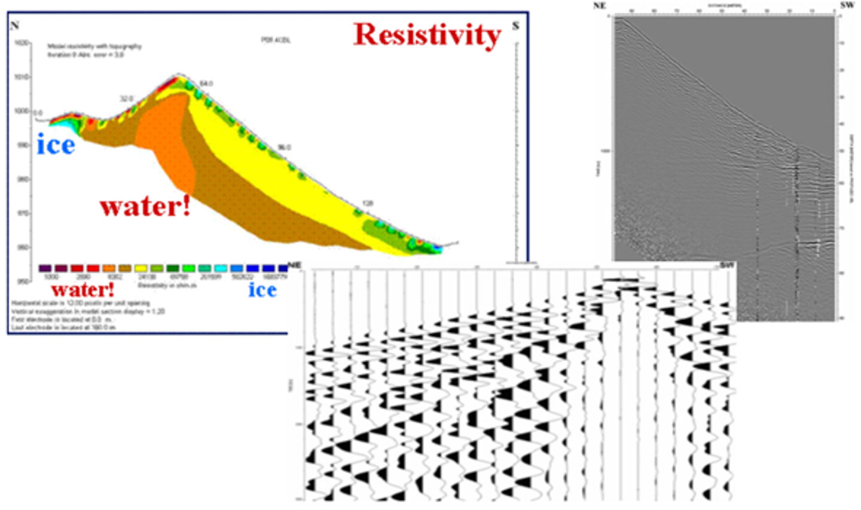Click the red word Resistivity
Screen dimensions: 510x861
click(x=427, y=35)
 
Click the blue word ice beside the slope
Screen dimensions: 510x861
click(x=56, y=145)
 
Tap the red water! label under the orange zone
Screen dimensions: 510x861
click(x=145, y=207)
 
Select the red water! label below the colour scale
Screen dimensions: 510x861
click(x=83, y=290)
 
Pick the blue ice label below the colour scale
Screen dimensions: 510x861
click(x=262, y=290)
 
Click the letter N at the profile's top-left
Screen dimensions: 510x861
click(x=15, y=25)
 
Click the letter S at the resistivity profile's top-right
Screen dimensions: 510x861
click(x=515, y=26)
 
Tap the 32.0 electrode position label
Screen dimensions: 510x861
click(x=126, y=99)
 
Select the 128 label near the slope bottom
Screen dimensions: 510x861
click(x=368, y=204)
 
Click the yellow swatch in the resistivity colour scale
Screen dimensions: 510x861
click(x=141, y=269)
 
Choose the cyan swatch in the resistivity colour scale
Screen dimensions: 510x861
click(x=220, y=269)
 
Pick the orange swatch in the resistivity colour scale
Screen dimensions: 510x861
click(x=109, y=269)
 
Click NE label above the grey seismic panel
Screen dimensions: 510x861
click(x=599, y=5)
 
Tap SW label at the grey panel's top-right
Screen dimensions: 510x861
click(x=847, y=5)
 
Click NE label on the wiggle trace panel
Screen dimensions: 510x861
click(x=294, y=265)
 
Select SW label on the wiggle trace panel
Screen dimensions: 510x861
click(x=727, y=265)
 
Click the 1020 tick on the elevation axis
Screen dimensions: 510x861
click(x=22, y=44)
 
